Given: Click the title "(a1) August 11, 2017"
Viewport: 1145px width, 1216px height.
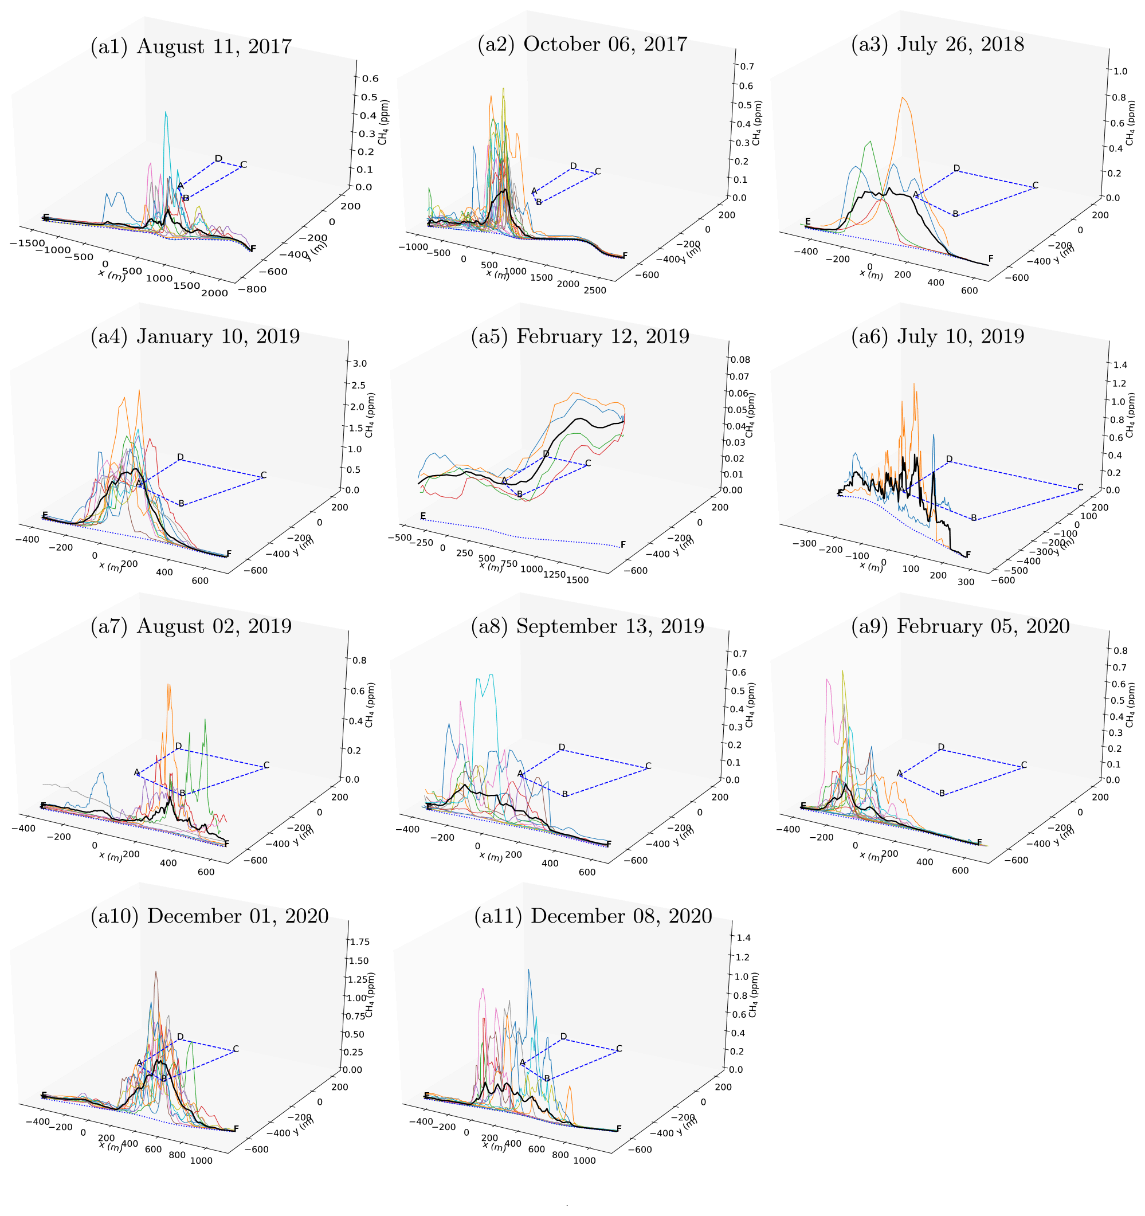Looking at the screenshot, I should [x=191, y=46].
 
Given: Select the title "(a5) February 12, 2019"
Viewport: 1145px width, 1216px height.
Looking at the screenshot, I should [x=579, y=336].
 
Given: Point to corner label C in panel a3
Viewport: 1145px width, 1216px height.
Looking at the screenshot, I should [x=1035, y=185].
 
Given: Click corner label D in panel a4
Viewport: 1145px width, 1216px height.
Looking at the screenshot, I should [x=180, y=457].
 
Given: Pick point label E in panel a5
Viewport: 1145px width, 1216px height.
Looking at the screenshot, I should [x=423, y=516].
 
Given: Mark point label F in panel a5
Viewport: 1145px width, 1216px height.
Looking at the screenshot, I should [x=623, y=544].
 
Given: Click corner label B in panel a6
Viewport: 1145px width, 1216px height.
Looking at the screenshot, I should [x=974, y=518].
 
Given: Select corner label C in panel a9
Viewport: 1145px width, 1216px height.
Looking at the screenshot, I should [x=1024, y=764].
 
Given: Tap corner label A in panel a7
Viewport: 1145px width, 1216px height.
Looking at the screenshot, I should [x=136, y=772].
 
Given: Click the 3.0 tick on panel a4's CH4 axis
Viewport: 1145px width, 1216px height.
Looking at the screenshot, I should [x=360, y=363].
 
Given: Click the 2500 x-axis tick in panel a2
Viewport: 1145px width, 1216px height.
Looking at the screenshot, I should [x=595, y=290].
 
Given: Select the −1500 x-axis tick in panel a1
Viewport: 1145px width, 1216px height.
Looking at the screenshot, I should [x=27, y=243].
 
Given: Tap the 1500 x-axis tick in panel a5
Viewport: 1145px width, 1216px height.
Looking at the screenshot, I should [x=578, y=580].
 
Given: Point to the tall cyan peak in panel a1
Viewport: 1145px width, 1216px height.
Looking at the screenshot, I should [x=166, y=113].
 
